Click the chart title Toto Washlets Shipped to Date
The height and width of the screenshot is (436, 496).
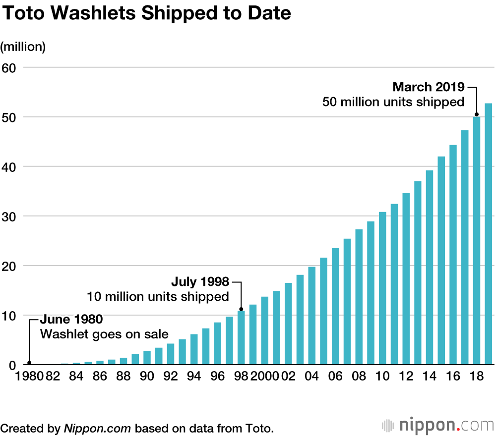click(x=146, y=13)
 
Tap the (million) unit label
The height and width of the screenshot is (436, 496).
click(x=23, y=47)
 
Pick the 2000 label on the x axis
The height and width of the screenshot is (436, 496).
click(x=264, y=377)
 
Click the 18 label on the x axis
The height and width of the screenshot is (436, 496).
click(x=477, y=377)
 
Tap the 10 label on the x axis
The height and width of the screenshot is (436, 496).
click(x=382, y=377)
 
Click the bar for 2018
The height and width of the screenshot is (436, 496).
click(x=477, y=241)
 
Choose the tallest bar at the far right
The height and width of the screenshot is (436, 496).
click(x=488, y=234)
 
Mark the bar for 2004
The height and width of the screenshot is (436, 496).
click(x=312, y=316)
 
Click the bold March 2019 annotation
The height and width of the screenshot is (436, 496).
click(x=428, y=87)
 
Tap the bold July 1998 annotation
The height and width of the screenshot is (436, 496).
click(x=200, y=282)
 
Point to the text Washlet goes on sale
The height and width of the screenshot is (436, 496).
click(x=104, y=334)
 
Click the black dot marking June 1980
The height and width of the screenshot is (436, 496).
click(x=29, y=363)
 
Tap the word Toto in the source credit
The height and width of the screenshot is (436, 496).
click(x=258, y=428)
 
